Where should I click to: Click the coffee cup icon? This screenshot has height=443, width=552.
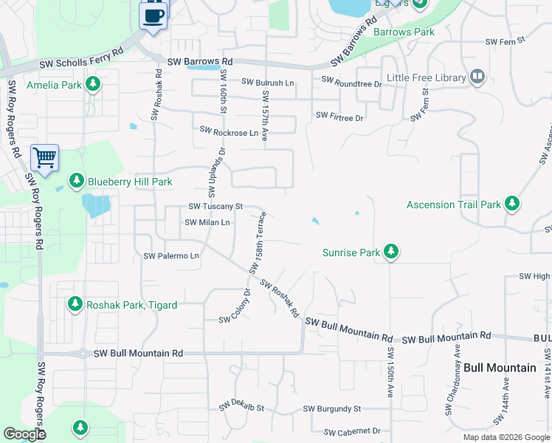153,15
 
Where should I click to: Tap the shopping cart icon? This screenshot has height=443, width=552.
44,157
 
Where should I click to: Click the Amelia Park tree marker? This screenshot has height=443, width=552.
93,85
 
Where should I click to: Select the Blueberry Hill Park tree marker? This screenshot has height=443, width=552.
76,181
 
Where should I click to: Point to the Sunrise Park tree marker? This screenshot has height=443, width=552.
391,253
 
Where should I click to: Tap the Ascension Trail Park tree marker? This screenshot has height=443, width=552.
512,204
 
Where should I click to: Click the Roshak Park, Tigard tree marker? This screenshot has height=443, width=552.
75,303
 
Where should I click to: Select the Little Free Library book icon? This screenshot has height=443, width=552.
477,77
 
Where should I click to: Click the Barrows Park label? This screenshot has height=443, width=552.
404,32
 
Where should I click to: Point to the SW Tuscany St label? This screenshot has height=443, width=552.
215,206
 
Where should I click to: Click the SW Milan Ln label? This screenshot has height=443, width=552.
207,222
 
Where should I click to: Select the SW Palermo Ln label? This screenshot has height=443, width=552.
171,256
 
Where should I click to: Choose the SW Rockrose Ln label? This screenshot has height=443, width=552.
229,131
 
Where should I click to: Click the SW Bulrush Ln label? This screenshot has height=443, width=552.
267,83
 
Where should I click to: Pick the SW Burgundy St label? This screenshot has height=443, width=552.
331,408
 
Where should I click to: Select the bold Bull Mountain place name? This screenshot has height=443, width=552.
500,367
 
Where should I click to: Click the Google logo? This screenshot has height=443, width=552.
24,434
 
